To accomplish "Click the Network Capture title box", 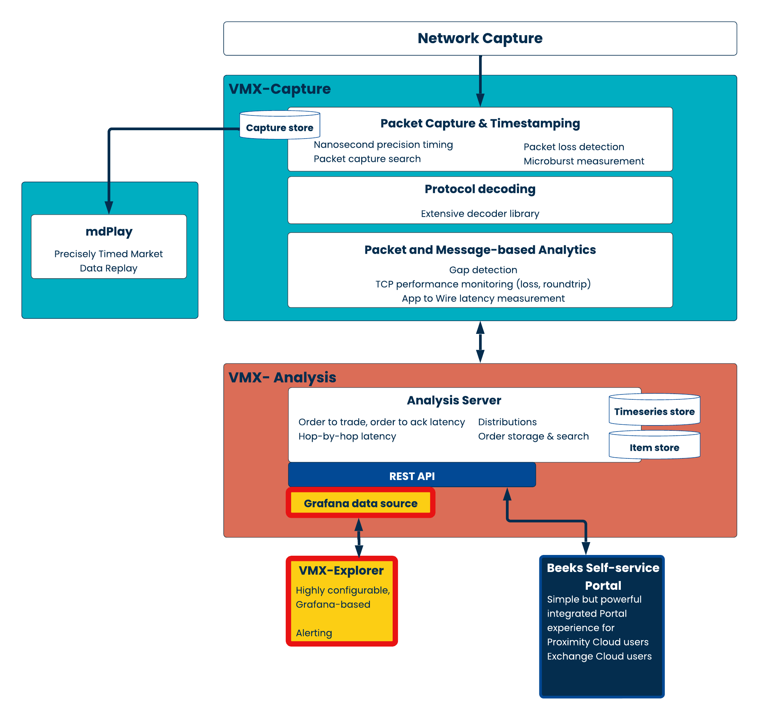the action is [480, 38].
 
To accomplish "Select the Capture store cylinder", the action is [280, 125].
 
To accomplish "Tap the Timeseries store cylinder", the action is [654, 410].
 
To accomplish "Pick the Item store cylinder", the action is [654, 445].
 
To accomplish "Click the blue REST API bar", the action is [412, 475].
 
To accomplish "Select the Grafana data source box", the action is [360, 503].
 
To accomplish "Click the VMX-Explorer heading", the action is [341, 570].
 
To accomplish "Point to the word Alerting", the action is [314, 633].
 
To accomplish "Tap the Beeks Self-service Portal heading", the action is [603, 577].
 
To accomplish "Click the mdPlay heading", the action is [109, 232].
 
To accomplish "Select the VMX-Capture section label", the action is [280, 89].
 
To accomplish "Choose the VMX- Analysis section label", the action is [282, 378].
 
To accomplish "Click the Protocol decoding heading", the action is [480, 189].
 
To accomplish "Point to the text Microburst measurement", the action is [584, 161].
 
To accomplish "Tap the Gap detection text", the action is [483, 270].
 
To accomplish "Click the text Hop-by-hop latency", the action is [347, 436].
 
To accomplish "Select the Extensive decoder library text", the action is [480, 214].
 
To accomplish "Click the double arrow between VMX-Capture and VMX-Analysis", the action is [480, 342].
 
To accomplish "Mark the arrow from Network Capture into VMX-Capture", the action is [480, 81].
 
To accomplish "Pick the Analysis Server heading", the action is [454, 400].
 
